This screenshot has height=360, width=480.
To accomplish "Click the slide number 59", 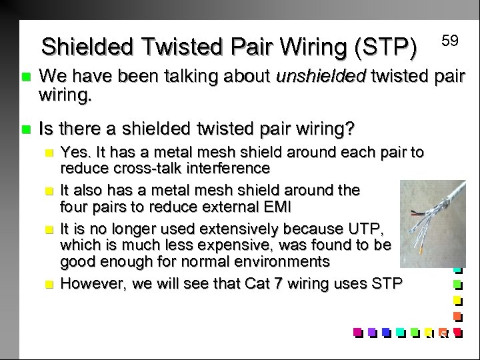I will (450, 41).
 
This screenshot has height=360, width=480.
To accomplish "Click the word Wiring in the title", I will (309, 47).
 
